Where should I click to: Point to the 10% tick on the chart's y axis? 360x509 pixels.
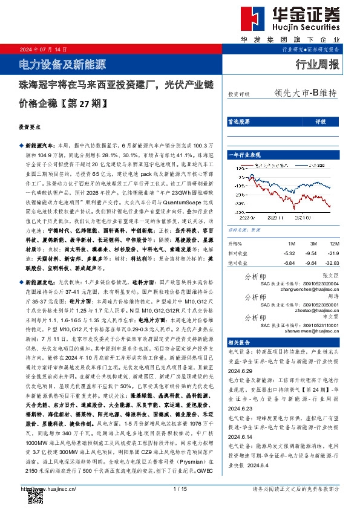(x=235, y=167)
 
